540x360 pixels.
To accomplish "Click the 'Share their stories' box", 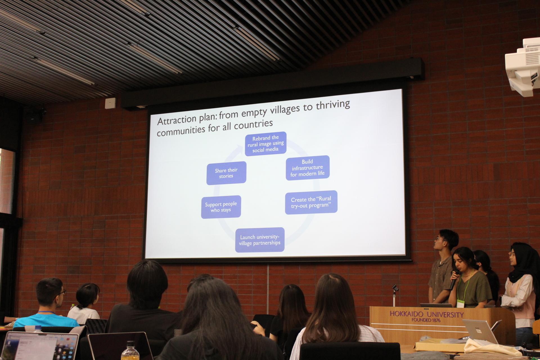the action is tap(226, 173).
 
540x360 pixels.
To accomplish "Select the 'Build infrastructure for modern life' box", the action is tap(307, 168).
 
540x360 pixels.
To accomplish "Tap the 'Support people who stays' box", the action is tap(221, 207).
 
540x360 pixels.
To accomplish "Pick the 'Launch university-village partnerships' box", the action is tap(260, 240).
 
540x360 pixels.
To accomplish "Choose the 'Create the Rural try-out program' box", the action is tap(311, 202).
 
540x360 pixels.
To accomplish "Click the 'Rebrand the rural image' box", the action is tap(265, 144).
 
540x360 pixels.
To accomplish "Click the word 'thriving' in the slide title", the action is tap(333, 105).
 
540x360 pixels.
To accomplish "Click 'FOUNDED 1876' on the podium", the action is tap(426, 320).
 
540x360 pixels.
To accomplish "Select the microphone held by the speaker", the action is tap(454, 280).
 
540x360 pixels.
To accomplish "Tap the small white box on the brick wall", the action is tap(110, 103).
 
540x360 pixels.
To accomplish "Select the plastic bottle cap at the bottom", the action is tap(130, 343).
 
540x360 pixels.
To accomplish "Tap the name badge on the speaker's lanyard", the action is tap(460, 303).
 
